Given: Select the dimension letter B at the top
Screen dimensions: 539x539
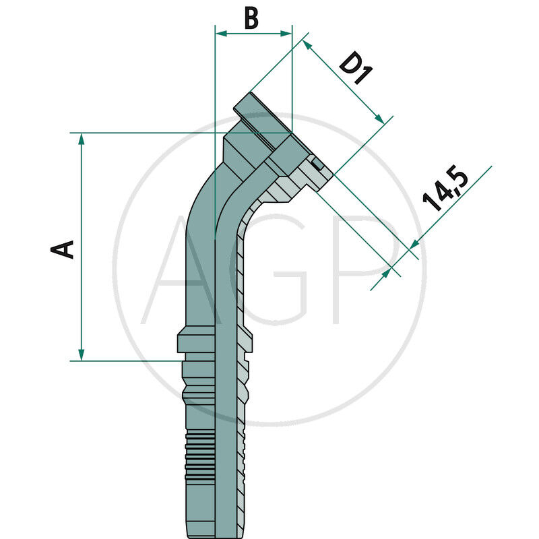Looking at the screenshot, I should (251, 18).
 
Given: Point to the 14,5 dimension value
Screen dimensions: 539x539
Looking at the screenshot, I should (445, 191).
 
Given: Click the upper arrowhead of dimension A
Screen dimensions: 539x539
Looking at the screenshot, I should (82, 138).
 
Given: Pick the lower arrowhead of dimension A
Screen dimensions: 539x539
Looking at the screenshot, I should (82, 354).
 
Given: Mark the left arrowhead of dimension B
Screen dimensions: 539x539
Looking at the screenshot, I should (220, 32).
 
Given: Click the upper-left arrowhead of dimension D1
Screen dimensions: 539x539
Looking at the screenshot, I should (307, 44).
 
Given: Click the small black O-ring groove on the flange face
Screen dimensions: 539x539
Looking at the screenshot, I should (316, 164).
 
